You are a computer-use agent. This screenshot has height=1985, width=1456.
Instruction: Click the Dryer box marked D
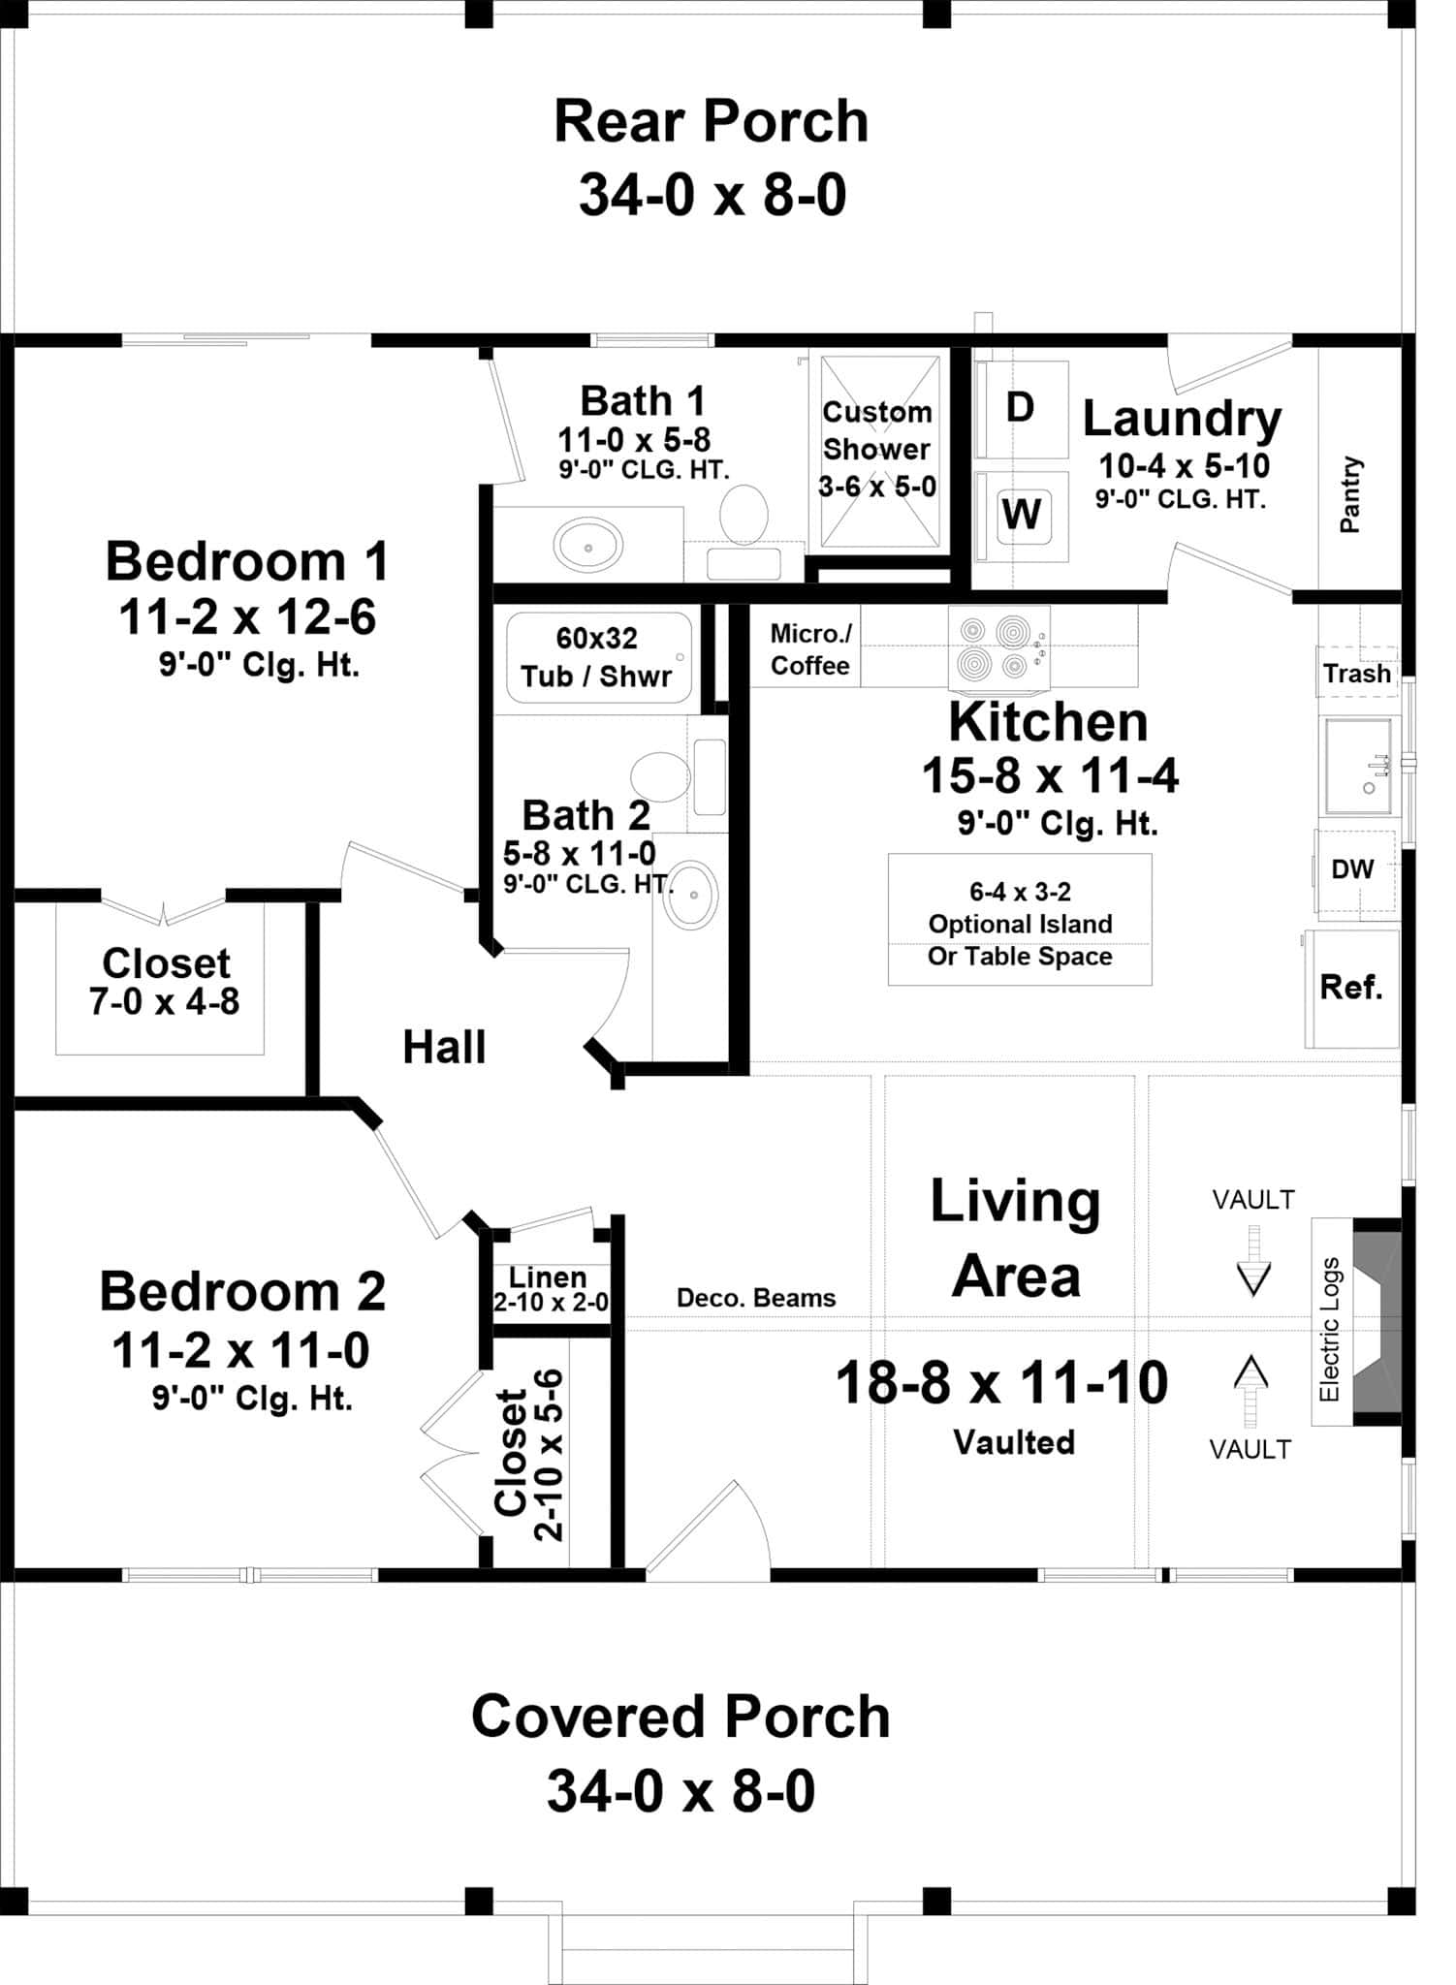1021,408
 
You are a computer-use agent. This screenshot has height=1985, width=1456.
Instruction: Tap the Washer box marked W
1023,514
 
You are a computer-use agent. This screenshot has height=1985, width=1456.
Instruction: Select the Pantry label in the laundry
1350,495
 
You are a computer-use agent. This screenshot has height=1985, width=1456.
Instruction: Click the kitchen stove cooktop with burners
998,646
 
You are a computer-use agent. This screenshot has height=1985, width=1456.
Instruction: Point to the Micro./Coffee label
809,649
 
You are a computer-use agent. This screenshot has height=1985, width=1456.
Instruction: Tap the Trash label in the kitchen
1356,673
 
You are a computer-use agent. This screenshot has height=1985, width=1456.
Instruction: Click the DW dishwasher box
1353,869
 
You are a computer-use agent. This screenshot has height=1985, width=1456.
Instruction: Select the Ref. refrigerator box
1351,988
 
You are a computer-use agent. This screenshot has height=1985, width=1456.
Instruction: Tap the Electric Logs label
1330,1329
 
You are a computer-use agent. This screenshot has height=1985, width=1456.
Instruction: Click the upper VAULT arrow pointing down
1253,1262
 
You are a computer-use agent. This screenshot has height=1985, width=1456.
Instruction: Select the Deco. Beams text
755,1298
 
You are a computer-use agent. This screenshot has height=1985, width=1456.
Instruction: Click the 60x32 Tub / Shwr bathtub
597,657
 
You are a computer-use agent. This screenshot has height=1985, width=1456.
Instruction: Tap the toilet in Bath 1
744,516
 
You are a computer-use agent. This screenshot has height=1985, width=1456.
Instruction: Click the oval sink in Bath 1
588,546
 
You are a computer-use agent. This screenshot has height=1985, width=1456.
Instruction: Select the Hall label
444,1048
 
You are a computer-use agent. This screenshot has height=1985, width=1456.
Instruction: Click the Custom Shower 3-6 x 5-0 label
877,449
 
